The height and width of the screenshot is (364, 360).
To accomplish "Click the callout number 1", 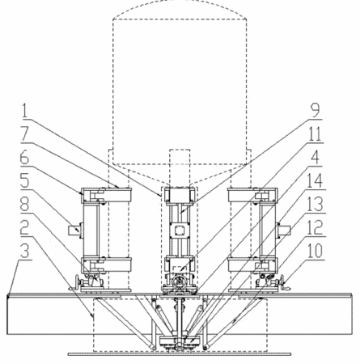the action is (25, 110).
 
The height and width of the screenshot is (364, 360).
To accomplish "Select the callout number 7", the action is (25, 134).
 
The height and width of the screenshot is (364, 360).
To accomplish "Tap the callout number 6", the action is (25, 158).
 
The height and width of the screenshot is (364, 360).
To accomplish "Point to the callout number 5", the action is (25, 180).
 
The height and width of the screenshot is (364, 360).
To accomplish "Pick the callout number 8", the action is (25, 205).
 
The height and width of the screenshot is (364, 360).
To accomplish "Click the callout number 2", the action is (25, 228).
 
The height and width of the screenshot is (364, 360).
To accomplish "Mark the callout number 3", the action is (25, 252).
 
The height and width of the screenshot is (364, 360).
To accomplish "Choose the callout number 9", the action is (315, 110).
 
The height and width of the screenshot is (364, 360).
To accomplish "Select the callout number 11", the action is (316, 133).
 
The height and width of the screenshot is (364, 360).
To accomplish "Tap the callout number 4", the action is (315, 158).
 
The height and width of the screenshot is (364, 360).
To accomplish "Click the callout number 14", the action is (316, 180).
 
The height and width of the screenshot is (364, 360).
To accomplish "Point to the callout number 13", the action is (316, 204).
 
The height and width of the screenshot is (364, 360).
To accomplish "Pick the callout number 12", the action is (316, 227).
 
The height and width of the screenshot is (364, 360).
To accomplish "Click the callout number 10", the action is (316, 251).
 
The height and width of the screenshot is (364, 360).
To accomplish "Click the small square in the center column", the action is (179, 231).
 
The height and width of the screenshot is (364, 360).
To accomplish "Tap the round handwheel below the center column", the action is (179, 282).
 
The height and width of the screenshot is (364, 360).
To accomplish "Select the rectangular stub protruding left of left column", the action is (74, 231).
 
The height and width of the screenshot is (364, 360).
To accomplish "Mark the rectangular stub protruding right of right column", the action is (284, 231).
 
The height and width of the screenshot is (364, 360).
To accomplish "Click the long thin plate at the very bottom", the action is (180, 353).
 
